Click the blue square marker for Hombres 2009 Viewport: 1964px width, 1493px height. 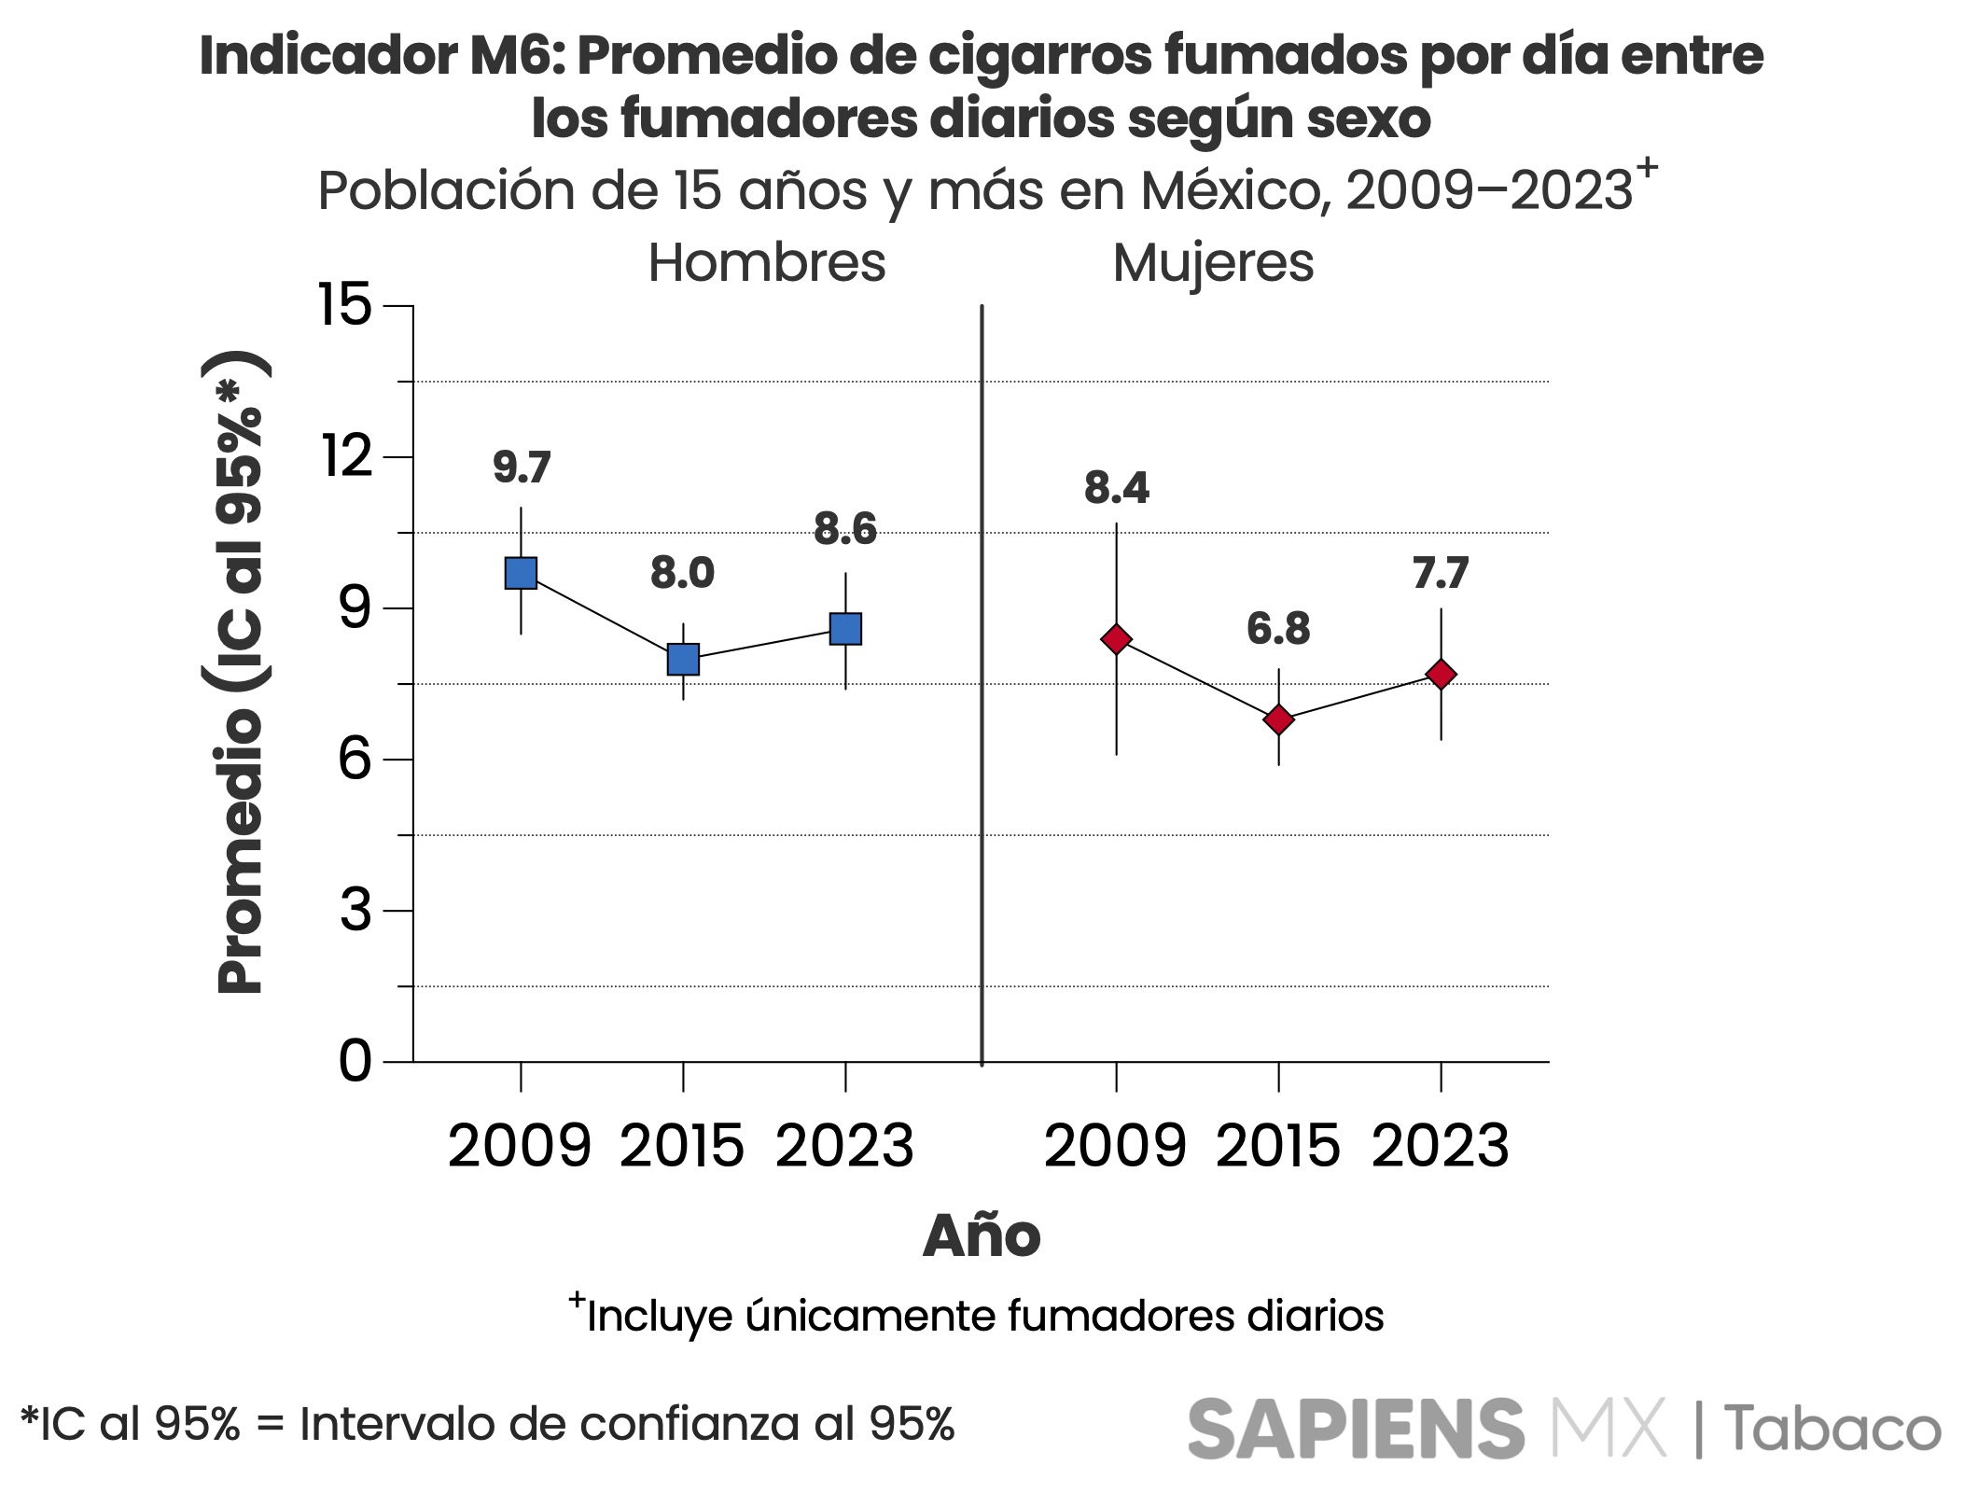pos(521,573)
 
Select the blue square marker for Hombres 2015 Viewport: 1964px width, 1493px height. pos(683,659)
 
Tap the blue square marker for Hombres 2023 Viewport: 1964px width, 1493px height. pos(845,629)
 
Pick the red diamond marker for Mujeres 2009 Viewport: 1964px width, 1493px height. pos(1116,639)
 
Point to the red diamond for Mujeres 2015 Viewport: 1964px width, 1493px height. pos(1278,719)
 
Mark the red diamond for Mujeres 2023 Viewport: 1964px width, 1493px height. pos(1441,675)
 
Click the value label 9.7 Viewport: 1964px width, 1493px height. pos(522,467)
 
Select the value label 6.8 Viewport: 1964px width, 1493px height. pos(1278,630)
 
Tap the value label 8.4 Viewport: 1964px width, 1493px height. pos(1116,489)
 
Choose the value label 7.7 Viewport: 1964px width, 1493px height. pos(1441,574)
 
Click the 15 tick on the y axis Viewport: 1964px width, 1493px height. pos(345,305)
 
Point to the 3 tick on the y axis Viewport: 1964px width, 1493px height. pos(355,911)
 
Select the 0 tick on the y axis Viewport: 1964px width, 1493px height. pos(355,1062)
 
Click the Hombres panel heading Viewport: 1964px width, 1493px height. pos(766,263)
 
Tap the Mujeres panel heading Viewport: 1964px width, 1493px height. pos(1213,263)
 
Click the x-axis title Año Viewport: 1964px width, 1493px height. pos(981,1237)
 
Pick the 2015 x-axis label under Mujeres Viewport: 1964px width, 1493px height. pos(1278,1147)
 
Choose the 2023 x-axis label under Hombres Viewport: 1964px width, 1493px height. pos(845,1147)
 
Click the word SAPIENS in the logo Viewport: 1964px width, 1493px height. pos(1356,1429)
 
